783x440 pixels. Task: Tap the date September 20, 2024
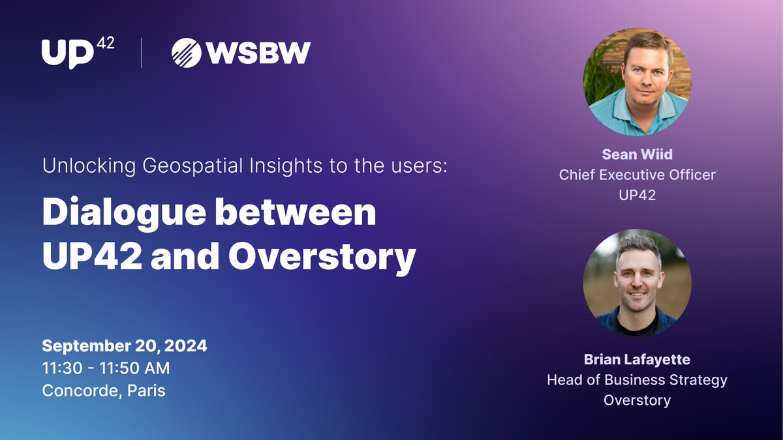pyautogui.click(x=125, y=345)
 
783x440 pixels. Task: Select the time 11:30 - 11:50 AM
pyautogui.click(x=106, y=368)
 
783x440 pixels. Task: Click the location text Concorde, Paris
pyautogui.click(x=103, y=390)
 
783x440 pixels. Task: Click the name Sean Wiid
pyautogui.click(x=637, y=156)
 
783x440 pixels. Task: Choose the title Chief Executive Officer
pyautogui.click(x=637, y=175)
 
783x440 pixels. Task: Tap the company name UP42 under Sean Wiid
pyautogui.click(x=637, y=194)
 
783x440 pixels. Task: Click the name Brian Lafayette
pyautogui.click(x=637, y=360)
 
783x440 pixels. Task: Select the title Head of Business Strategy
pyautogui.click(x=637, y=379)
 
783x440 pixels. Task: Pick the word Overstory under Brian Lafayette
pyautogui.click(x=637, y=400)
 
